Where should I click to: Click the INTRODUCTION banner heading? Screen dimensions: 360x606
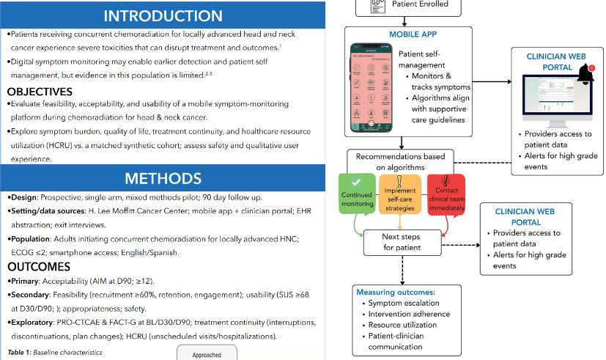tap(163, 15)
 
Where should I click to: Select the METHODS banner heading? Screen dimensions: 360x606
tap(163, 178)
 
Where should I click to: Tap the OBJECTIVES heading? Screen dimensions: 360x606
tap(50, 92)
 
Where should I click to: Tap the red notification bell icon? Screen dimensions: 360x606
tap(585, 72)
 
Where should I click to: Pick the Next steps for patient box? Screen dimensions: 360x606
tap(402, 242)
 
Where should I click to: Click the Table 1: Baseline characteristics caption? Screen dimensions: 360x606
tap(55, 353)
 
